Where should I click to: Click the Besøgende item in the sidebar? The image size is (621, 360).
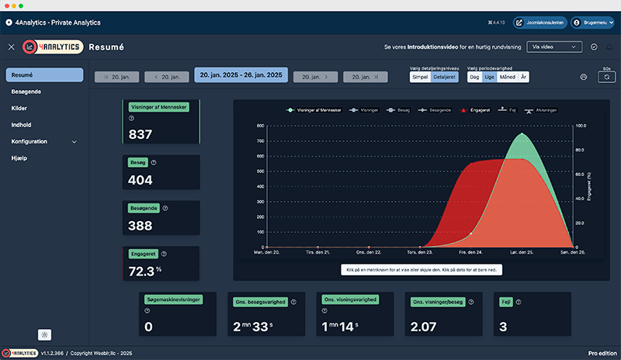point(27,92)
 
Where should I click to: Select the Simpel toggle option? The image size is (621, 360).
point(421,78)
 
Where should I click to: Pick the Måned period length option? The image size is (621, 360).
point(508,78)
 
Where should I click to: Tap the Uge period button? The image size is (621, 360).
point(489,78)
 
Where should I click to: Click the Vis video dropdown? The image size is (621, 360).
point(553,47)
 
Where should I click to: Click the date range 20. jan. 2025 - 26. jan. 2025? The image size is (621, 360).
point(241,75)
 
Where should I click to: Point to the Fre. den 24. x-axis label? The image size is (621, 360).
point(470,253)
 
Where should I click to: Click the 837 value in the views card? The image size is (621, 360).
point(141,134)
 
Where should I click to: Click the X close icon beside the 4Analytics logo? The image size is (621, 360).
point(11,47)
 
